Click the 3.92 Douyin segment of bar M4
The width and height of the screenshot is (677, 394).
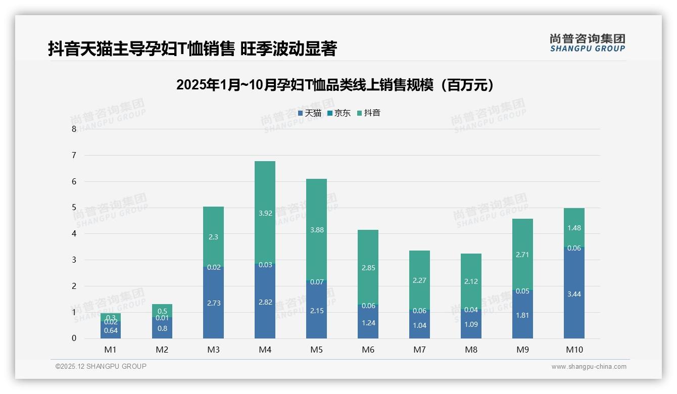tap(265, 213)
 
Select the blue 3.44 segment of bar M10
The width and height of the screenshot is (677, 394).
tap(574, 294)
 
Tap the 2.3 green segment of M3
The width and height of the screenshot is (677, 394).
tap(213, 236)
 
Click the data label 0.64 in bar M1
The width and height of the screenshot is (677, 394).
tap(111, 331)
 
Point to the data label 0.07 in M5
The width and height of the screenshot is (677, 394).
tap(317, 282)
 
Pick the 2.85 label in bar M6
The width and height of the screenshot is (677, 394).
tap(368, 268)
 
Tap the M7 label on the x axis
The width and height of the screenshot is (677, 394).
tap(419, 350)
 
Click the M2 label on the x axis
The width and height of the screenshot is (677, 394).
tap(162, 350)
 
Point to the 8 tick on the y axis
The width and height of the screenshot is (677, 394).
tap(74, 129)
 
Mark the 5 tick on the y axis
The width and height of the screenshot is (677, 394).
tap(74, 208)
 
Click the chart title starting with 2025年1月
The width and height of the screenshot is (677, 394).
tap(335, 85)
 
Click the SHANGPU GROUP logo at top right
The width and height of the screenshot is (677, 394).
tap(587, 43)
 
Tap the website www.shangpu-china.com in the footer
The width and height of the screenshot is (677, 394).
tap(589, 367)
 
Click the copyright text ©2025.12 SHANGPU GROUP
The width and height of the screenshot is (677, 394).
tap(101, 366)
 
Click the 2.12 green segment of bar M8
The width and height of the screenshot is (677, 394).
tap(471, 281)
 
